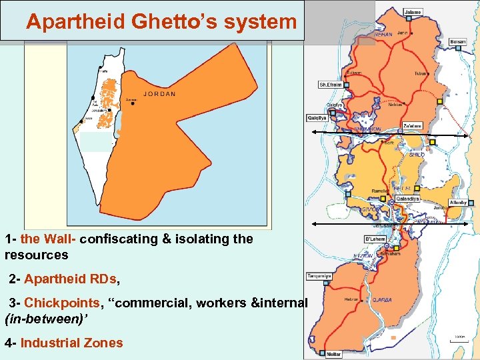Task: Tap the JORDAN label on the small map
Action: point(159,94)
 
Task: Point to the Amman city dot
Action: point(133,104)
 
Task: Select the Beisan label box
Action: point(458,42)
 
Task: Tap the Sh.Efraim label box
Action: point(330,85)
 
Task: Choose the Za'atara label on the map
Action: point(413,125)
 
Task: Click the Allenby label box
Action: point(458,202)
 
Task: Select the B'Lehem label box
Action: point(374,239)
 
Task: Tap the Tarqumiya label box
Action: point(319,275)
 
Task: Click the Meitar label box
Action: point(334,353)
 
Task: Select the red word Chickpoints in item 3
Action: point(61,303)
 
